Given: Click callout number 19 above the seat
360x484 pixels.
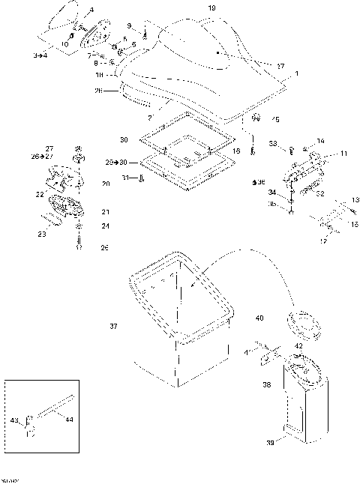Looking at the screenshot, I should click(x=211, y=7).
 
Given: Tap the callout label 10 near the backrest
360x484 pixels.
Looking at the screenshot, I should click(x=64, y=44).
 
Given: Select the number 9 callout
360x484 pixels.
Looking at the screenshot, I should click(x=128, y=25).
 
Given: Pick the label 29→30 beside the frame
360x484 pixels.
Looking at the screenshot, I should click(x=116, y=162).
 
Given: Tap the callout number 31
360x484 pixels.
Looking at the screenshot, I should click(x=126, y=177).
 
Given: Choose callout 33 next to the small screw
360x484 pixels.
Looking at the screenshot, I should click(x=273, y=143).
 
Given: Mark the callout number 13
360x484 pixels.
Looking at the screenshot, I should click(x=347, y=200).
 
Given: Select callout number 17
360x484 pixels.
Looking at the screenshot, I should click(x=323, y=241).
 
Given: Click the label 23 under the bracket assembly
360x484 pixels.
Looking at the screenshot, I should click(x=42, y=235).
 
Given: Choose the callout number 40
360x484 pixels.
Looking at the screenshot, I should click(x=259, y=318).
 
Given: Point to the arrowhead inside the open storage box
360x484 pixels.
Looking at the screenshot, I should click(x=193, y=288).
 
